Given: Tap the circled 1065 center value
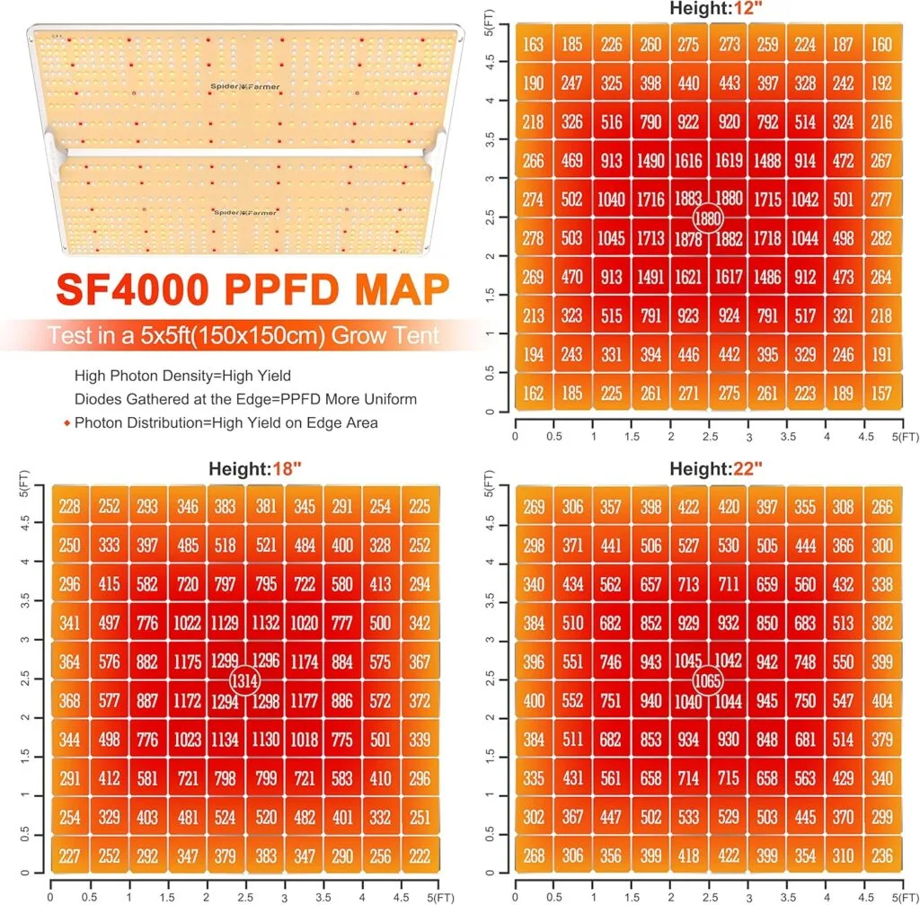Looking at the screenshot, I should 709,679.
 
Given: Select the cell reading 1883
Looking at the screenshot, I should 688,199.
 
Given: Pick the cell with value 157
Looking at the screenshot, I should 882,393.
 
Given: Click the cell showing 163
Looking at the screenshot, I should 533,44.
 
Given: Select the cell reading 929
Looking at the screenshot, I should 688,623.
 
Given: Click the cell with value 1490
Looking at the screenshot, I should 649,159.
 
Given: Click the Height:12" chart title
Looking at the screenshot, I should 709,9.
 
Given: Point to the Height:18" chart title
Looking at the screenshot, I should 246,468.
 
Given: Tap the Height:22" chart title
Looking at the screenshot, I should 709,468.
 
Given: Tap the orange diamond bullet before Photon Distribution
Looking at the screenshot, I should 67,422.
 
